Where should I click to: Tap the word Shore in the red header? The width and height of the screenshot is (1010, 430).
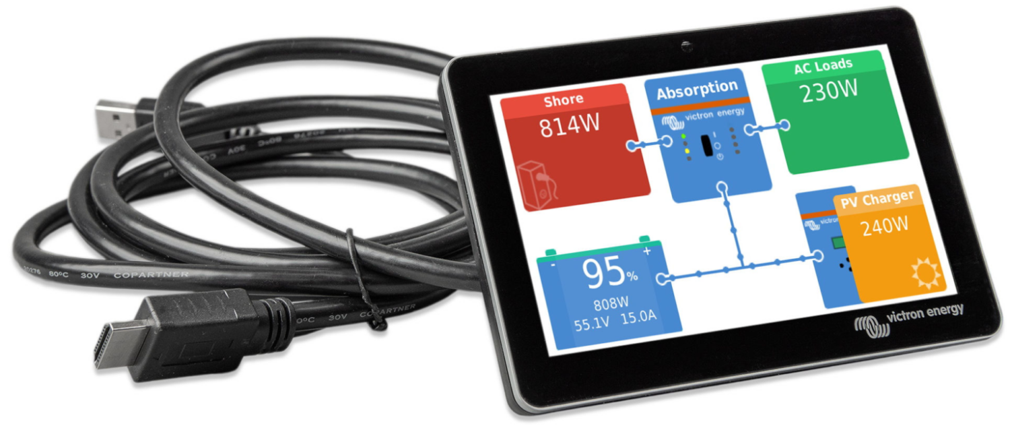[x=564, y=100]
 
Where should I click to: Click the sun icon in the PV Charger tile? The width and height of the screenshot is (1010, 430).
[x=924, y=275]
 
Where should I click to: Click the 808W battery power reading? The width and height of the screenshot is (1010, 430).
[x=612, y=304]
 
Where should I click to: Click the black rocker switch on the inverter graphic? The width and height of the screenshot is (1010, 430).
[x=706, y=146]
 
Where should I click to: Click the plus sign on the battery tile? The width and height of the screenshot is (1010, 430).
[x=648, y=251]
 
